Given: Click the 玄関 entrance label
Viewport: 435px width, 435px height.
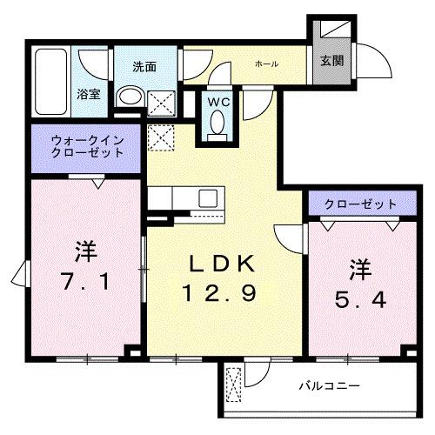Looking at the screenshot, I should [x=331, y=61].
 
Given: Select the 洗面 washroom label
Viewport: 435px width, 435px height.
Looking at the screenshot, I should [x=144, y=66].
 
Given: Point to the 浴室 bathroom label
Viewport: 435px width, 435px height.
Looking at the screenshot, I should [x=88, y=94].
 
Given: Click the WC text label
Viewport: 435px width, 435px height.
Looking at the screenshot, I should [x=217, y=101].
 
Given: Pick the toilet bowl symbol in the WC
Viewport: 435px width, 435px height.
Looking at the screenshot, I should [x=217, y=127].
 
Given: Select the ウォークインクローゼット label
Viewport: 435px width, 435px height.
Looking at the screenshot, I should [x=87, y=144].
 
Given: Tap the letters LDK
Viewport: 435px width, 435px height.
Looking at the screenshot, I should [x=221, y=263].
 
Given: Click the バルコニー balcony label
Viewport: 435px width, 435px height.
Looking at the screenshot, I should [x=330, y=384].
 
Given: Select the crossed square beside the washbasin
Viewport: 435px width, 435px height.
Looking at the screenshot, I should [x=160, y=104].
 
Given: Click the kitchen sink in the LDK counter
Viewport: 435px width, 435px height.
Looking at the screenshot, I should [x=209, y=197].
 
